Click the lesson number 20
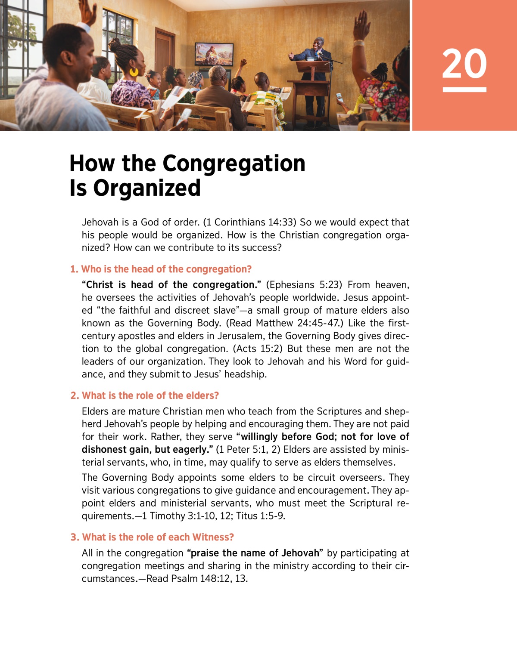point(464,64)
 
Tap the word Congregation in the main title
point(234,164)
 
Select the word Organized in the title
point(147,188)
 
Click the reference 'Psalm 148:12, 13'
point(209,579)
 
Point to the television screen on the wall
point(214,54)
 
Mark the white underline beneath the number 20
point(464,90)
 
